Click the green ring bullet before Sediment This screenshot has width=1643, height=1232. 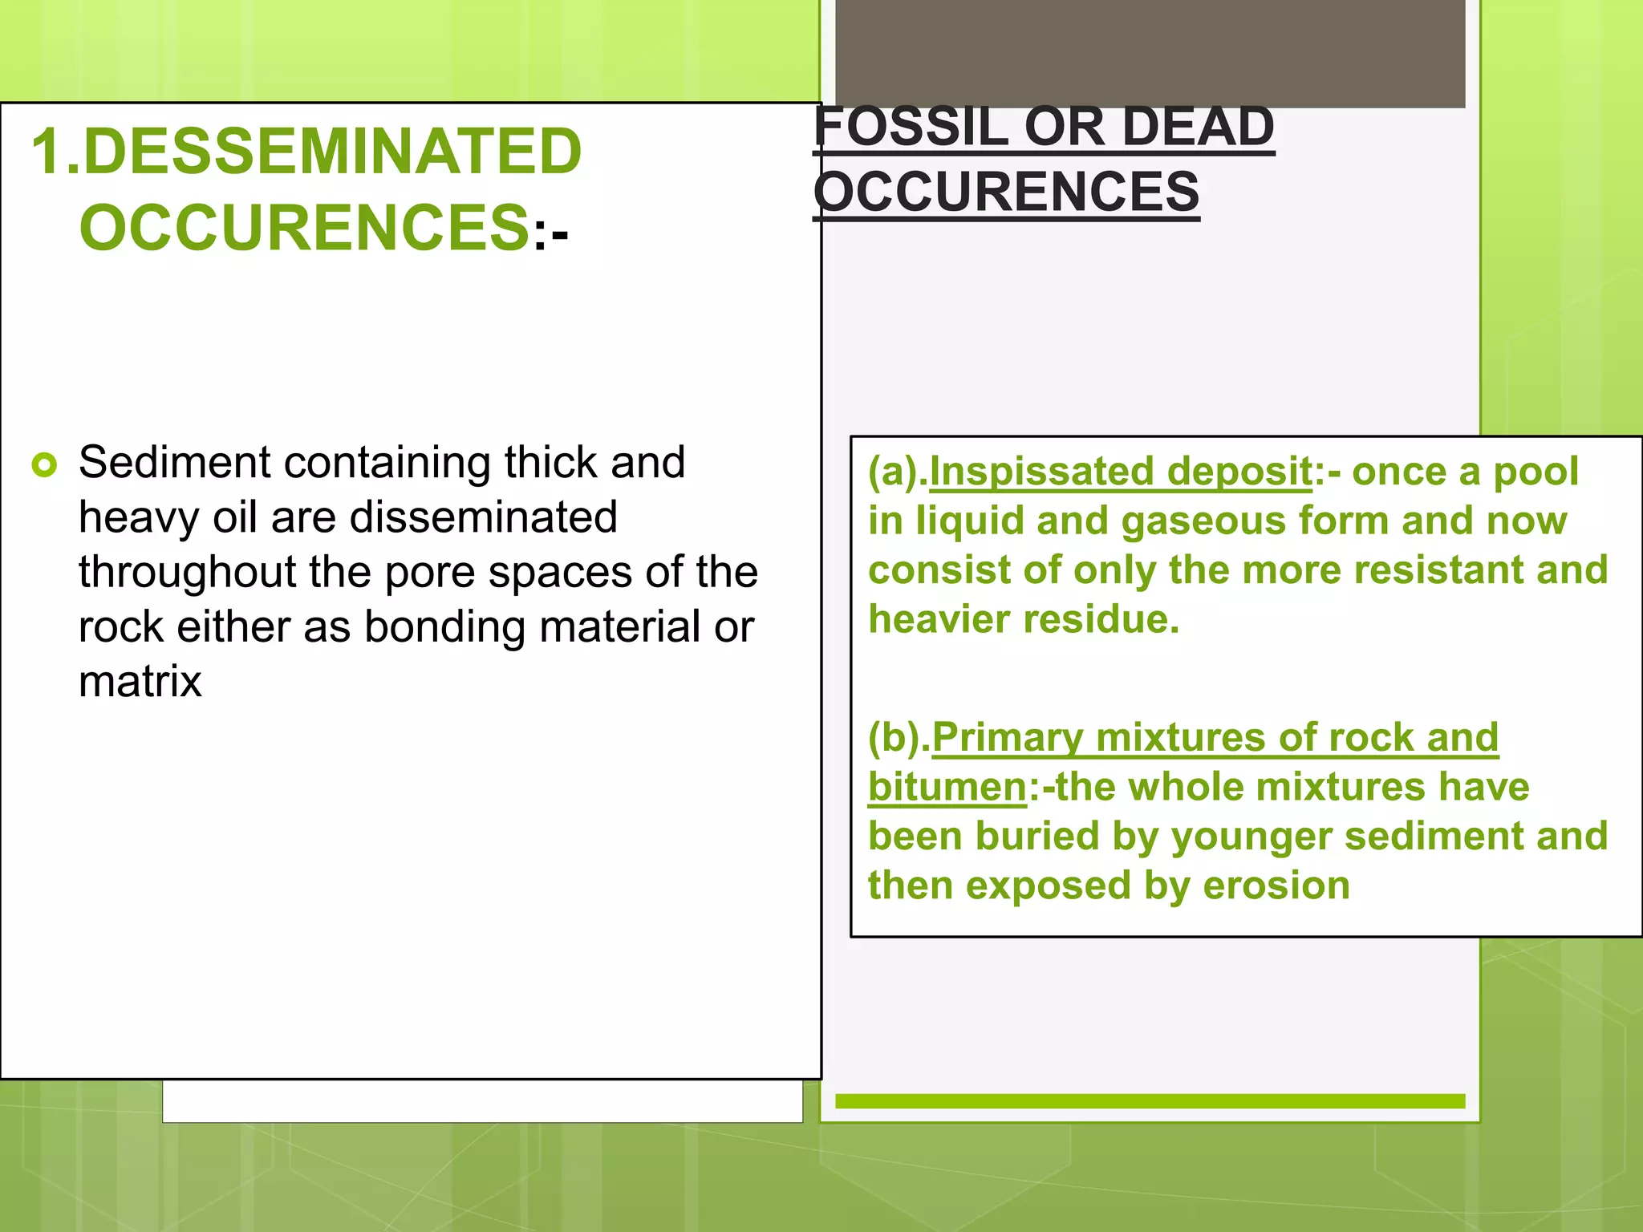45,464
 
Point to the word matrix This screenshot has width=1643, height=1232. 140,682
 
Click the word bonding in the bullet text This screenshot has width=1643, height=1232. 445,626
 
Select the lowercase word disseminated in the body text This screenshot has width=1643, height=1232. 484,517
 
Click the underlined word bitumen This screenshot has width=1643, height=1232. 947,787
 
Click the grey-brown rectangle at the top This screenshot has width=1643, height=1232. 1150,53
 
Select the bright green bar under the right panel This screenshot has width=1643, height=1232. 1150,1101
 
